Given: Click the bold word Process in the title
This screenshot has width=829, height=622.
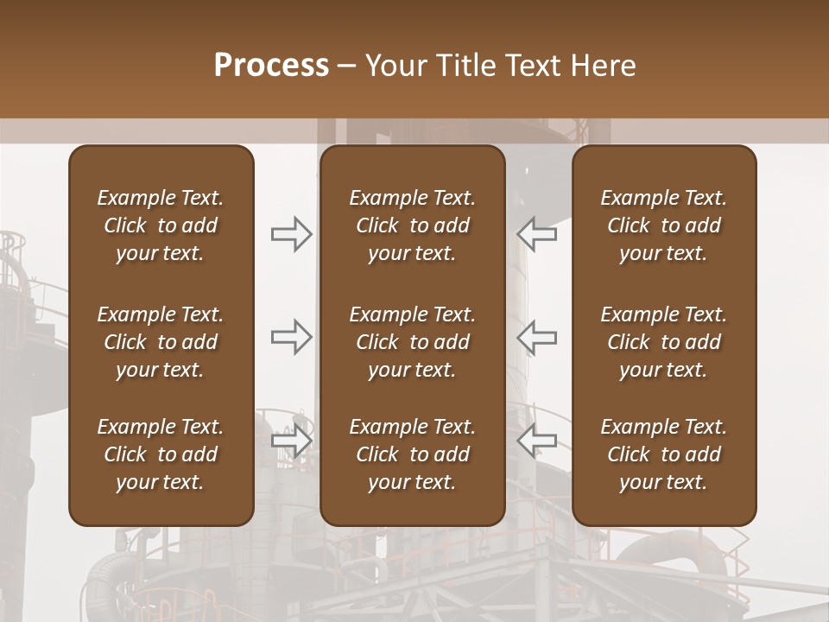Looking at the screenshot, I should [x=271, y=66].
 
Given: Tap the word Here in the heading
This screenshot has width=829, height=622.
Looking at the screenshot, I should [x=604, y=66].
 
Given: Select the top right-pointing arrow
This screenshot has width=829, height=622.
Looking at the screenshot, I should [x=292, y=234].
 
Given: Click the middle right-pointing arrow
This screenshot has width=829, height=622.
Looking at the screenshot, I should [x=292, y=337].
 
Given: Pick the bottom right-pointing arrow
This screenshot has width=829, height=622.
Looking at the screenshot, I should [x=292, y=441].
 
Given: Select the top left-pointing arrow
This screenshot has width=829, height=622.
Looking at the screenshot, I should [x=536, y=234].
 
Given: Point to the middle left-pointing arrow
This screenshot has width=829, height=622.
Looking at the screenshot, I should [x=536, y=337].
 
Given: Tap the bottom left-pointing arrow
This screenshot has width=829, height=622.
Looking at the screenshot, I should [x=536, y=441].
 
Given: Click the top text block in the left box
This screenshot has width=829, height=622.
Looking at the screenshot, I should [x=161, y=225].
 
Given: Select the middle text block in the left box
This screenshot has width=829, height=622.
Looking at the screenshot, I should [x=161, y=342].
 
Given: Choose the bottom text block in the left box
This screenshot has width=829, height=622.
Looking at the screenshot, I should [x=161, y=454].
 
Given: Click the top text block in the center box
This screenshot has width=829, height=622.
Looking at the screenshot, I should [x=412, y=225].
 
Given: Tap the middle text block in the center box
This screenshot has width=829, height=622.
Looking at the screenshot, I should [x=412, y=342].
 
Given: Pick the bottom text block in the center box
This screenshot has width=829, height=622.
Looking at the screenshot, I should [x=412, y=454].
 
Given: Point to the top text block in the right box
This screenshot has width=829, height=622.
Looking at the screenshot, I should [x=663, y=225].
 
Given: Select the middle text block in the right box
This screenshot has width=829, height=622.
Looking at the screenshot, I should [x=663, y=342].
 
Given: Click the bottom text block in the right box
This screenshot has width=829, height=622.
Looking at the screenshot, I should [x=663, y=454].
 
